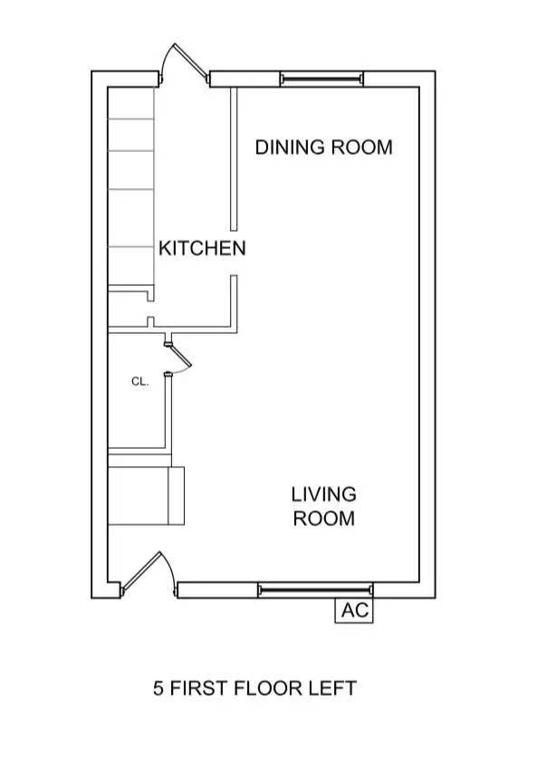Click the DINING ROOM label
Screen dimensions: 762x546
coord(323,147)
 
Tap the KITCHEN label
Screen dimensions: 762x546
coord(202,248)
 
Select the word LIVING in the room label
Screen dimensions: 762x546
coord(323,495)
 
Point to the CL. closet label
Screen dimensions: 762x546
coord(139,382)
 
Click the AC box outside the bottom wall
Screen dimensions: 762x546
coord(355,611)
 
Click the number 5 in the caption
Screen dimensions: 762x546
coord(158,689)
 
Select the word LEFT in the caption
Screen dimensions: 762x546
coord(331,689)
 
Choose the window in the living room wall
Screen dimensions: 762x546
coord(314,590)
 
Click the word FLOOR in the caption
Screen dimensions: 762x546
coord(267,689)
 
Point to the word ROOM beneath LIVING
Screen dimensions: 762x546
coord(323,519)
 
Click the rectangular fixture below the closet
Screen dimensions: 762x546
coord(146,495)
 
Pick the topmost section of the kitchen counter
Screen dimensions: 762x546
coord(131,103)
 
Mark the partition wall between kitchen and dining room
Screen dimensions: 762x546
coord(233,158)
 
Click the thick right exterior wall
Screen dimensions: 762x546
coord(429,335)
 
